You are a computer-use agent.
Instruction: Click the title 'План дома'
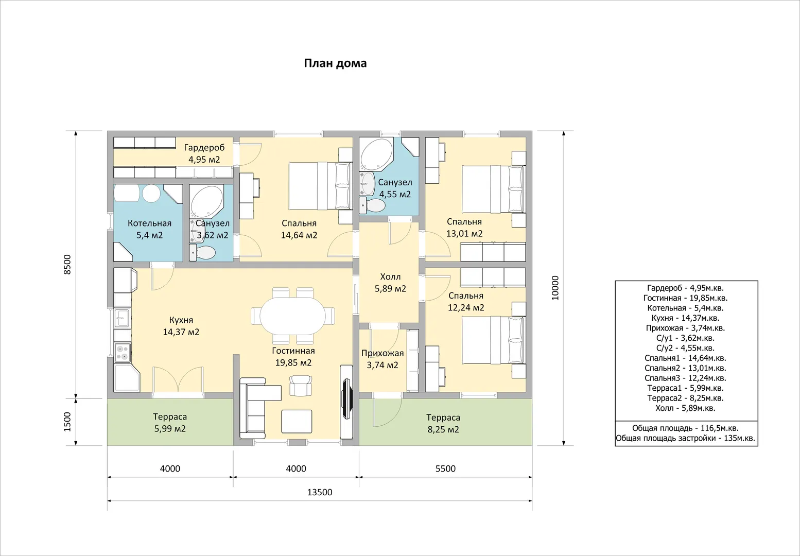click(335, 63)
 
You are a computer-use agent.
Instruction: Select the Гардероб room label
click(204, 147)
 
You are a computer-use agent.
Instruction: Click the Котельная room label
click(149, 223)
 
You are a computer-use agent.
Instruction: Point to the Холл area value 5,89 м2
click(390, 288)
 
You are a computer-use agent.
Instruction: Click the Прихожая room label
click(382, 353)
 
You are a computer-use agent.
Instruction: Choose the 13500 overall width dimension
click(320, 492)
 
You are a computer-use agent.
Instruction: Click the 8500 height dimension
click(67, 264)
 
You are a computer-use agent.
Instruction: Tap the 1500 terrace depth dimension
click(67, 422)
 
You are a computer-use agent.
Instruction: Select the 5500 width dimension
click(445, 468)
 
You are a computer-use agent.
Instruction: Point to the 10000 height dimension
click(555, 288)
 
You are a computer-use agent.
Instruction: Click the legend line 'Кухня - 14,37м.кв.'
click(685, 318)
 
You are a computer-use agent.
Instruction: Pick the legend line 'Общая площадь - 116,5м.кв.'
click(685, 428)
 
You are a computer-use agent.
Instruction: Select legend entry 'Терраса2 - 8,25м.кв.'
click(685, 398)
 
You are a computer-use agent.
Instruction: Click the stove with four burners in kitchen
click(122, 353)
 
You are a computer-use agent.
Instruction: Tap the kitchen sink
click(122, 318)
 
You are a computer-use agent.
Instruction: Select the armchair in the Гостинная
click(300, 385)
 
